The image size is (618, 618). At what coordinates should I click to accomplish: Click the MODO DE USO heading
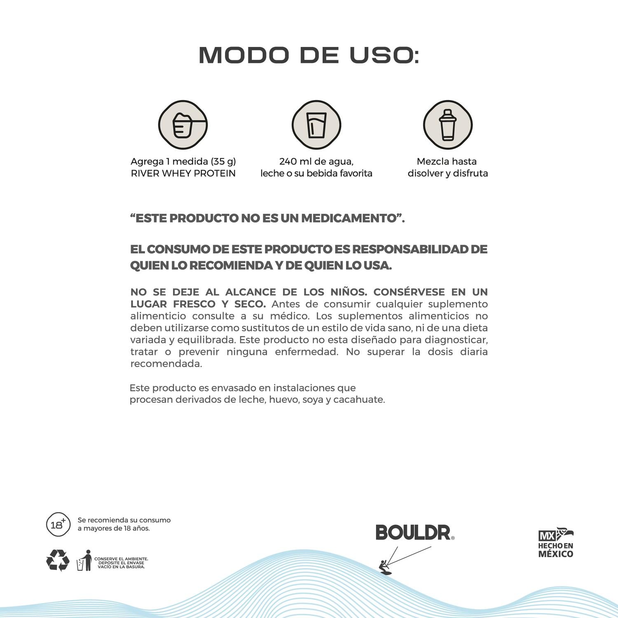[x=309, y=55]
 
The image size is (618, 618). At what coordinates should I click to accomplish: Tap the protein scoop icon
[x=183, y=125]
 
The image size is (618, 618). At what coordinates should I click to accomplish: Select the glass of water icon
[x=316, y=125]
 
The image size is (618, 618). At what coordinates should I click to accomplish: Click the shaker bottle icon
[x=447, y=125]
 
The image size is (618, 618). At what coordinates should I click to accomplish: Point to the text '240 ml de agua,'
[x=316, y=162]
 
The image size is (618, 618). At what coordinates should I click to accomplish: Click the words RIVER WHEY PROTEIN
[x=183, y=173]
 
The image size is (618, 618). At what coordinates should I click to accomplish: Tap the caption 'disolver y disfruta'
[x=447, y=173]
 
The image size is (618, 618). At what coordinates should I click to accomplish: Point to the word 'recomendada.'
[x=166, y=364]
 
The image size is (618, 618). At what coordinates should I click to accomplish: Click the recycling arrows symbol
[x=58, y=560]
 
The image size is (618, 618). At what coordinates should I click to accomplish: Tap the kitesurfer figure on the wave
[x=385, y=567]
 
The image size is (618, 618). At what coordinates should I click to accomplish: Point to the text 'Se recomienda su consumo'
[x=124, y=520]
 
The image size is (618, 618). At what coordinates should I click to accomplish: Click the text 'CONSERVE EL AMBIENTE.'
[x=121, y=559]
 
